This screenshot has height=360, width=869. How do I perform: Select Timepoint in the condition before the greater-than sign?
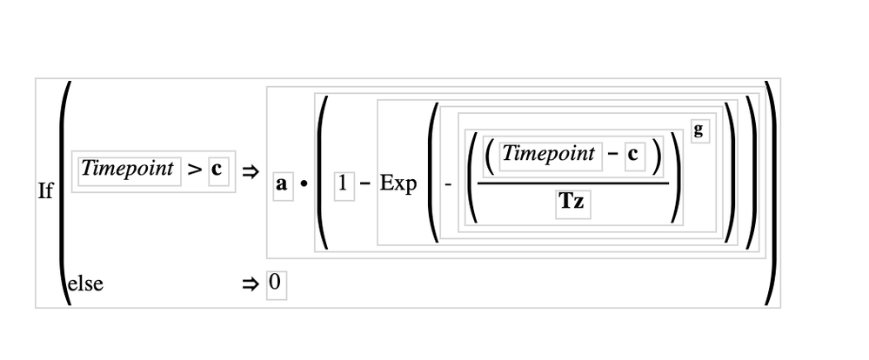coord(127,170)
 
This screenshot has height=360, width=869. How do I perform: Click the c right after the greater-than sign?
coord(216,170)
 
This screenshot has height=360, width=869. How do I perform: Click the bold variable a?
coord(282,185)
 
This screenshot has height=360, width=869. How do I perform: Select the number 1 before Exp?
coord(344,184)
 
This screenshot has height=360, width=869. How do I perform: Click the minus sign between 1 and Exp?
coord(365,185)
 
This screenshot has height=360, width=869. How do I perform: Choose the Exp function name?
coord(398,185)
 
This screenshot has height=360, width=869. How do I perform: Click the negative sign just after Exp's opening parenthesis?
coord(449,185)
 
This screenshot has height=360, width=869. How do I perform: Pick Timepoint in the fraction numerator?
coord(549,155)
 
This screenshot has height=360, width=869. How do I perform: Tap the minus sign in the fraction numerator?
coord(613,155)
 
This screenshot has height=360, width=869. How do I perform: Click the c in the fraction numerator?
coord(634,155)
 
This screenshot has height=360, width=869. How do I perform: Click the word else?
coord(85,283)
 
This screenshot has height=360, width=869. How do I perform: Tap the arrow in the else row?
coord(250,283)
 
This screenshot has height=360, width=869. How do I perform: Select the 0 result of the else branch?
coord(276,283)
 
